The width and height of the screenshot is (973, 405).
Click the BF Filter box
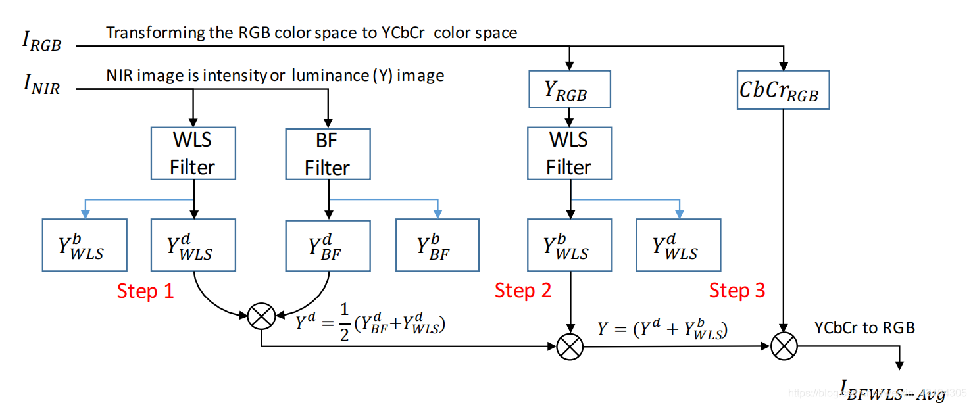coord(327,154)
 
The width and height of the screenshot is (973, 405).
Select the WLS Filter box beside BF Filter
coord(193,154)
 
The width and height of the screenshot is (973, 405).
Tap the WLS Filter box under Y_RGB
coord(569,154)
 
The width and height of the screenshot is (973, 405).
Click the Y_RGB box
coord(569,89)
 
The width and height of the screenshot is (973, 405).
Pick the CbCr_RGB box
coord(783,89)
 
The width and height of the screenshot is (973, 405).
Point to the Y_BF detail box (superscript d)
coord(327,245)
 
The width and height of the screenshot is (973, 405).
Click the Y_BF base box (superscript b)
coord(437,245)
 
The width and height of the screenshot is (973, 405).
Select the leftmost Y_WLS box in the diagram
coord(84,245)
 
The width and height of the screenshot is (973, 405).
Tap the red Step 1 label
coord(145,291)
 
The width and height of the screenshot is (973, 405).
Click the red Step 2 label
coord(523,290)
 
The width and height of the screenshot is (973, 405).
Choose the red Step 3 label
coord(737,290)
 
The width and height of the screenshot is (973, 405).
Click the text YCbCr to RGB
coord(864,327)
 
